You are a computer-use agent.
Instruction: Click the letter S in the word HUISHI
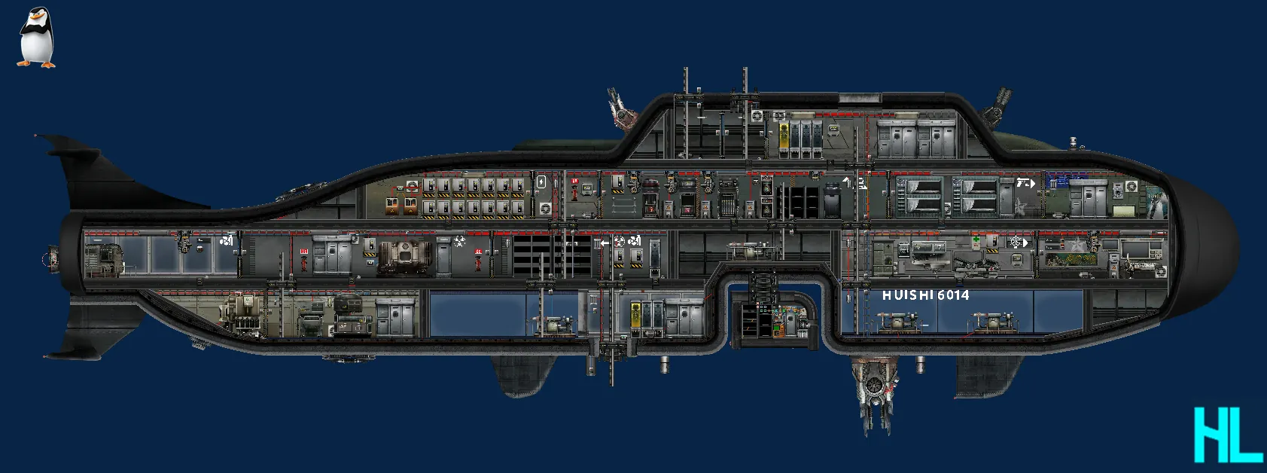(911, 294)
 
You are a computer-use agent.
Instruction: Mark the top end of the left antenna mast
(686, 69)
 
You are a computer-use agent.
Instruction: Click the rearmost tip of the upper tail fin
(35, 136)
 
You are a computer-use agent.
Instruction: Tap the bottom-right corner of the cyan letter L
(1263, 462)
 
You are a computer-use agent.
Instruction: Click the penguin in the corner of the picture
(36, 38)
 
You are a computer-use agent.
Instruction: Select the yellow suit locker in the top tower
(784, 139)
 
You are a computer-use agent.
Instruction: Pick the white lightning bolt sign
(541, 182)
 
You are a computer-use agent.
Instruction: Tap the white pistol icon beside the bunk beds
(1025, 183)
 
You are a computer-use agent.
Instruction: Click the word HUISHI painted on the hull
(904, 294)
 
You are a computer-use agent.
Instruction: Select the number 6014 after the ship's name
(953, 294)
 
